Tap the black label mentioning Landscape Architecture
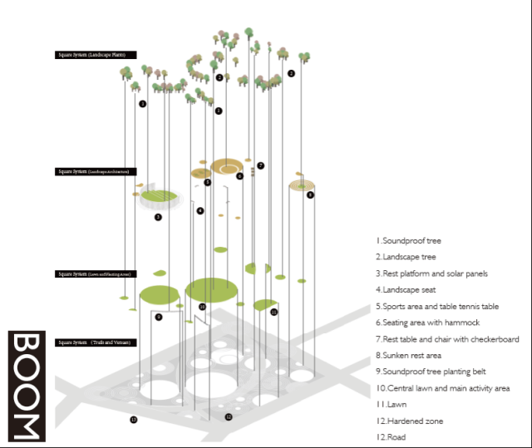[96, 172]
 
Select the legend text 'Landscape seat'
[411, 289]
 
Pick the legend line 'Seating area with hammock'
[427, 322]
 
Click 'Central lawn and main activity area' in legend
[445, 387]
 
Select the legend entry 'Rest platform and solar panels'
[431, 273]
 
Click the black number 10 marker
[202, 307]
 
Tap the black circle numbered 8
[310, 194]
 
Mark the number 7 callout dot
[260, 165]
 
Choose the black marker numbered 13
[133, 420]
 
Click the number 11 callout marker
[273, 312]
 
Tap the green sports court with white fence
[159, 198]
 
